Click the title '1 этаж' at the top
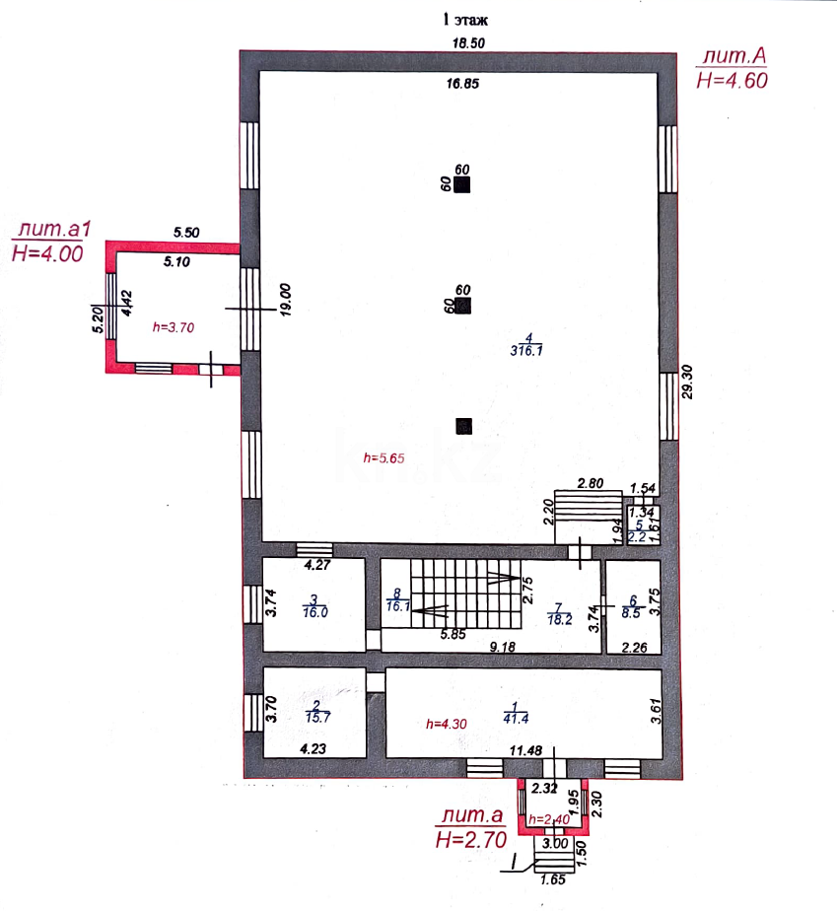[463, 19]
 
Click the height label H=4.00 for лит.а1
[45, 252]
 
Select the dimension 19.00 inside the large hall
[285, 299]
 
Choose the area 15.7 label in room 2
[316, 717]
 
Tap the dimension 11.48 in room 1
[527, 750]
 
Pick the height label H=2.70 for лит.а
[470, 839]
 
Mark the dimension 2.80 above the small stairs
[590, 483]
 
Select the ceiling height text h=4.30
[446, 723]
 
